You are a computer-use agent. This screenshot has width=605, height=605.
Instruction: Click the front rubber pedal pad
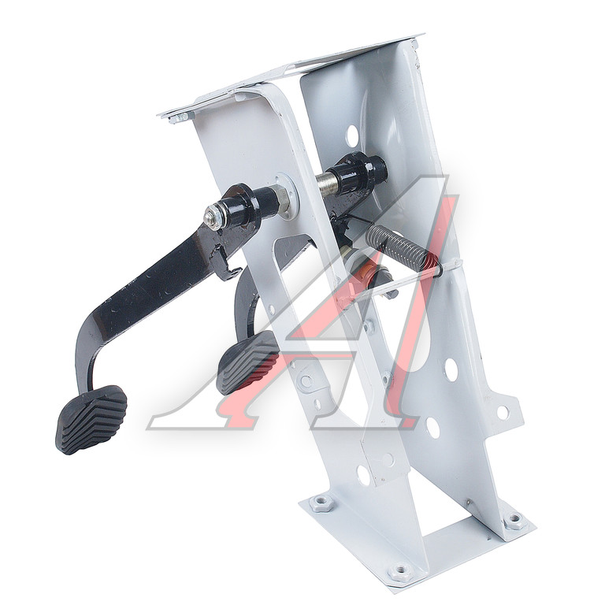tap(91, 418)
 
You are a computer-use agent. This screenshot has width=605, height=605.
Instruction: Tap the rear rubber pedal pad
tap(247, 362)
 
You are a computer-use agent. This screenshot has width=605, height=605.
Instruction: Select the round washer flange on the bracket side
tap(287, 197)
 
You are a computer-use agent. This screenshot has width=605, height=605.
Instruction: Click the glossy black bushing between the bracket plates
tap(357, 171)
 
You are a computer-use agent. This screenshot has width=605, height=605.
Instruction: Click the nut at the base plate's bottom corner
tap(400, 570)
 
